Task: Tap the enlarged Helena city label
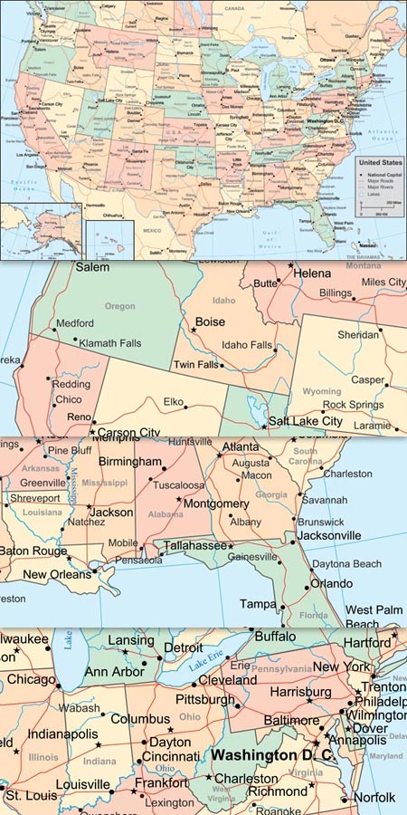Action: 313,273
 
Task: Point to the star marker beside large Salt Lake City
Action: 264,426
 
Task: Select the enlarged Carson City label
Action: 128,432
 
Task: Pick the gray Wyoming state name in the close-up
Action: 321,391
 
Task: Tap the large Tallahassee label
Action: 194,545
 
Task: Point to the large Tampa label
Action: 258,603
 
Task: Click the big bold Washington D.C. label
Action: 271,754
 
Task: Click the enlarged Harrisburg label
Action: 293,692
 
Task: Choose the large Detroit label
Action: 183,648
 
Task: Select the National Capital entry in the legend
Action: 383,174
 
